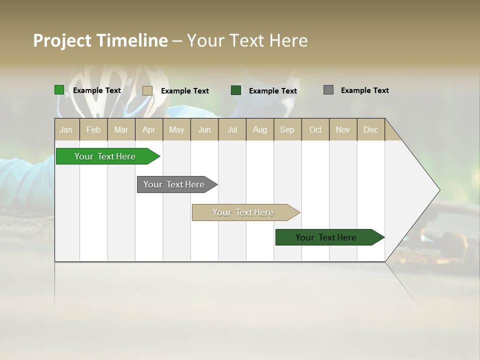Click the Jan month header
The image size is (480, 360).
pos(66,129)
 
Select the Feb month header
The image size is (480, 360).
pos(93,129)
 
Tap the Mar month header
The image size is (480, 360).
pos(121,129)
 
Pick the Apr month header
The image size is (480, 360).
pos(149,129)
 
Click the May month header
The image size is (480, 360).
pos(176,129)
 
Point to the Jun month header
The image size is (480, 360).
pos(204,129)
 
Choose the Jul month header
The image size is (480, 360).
pos(232,129)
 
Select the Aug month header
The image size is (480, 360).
pos(260,129)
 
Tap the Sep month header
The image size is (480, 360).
pos(287,129)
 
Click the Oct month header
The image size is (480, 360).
pos(315,129)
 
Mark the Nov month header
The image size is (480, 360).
pos(343,129)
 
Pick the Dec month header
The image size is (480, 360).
pos(371,129)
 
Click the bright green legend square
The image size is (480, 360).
pos(59,90)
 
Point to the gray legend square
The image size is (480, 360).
pos(328,90)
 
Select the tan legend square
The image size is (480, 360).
pos(147,90)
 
